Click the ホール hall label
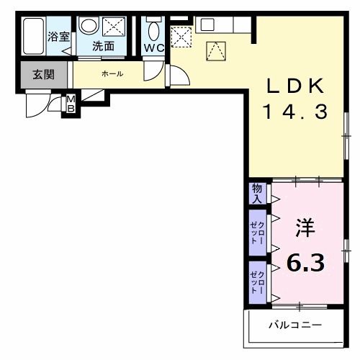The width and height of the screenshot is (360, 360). click(x=112, y=73)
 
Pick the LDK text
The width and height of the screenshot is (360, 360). click(x=297, y=86)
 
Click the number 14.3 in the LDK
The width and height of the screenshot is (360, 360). click(x=295, y=112)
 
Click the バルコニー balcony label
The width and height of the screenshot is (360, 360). click(x=296, y=325)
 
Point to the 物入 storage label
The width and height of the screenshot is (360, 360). click(x=256, y=193)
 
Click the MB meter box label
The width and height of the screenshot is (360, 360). click(x=71, y=104)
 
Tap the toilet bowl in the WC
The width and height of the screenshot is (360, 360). click(x=152, y=31)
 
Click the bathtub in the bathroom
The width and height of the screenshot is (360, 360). click(x=33, y=36)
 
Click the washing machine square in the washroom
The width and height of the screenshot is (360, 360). click(x=114, y=27)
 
